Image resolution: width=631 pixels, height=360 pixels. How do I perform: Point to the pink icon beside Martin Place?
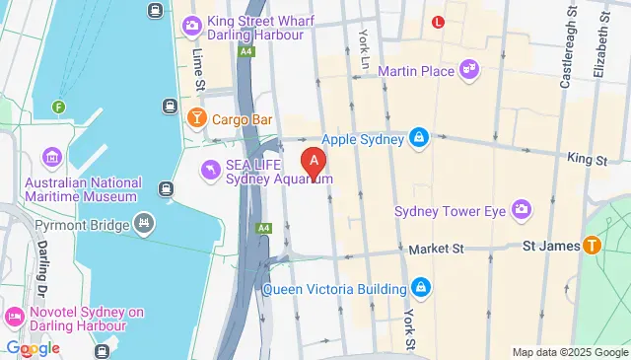click(470, 71)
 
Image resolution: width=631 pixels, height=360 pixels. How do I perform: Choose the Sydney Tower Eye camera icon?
click(521, 209)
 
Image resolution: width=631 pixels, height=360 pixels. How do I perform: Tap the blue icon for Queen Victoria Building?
click(422, 289)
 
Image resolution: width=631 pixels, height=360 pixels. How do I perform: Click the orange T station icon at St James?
click(593, 244)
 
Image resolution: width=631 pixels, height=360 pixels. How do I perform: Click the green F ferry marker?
click(60, 107)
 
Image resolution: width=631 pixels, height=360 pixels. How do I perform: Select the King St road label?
click(586, 158)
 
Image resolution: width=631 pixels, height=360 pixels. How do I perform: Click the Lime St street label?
click(198, 59)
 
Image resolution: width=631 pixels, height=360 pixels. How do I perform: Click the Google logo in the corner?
click(32, 348)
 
